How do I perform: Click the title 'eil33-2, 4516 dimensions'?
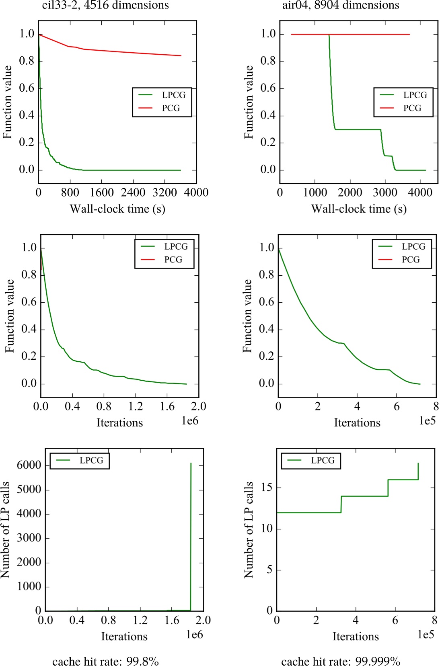tap(105, 5)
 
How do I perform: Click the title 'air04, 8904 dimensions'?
tap(340, 5)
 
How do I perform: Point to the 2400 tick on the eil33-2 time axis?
tap(133, 193)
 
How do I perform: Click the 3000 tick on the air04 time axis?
tap(385, 193)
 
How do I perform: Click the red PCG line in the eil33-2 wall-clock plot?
tap(129, 53)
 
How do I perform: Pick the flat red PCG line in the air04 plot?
tap(350, 35)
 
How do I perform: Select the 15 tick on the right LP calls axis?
tap(267, 488)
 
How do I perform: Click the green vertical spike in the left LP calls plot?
tap(191, 539)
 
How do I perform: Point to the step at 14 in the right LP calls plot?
tap(364, 496)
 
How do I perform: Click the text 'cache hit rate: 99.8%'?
tap(105, 661)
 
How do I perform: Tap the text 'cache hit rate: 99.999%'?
tap(340, 661)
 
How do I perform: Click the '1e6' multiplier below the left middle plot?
tap(190, 421)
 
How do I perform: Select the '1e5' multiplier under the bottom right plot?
tap(426, 635)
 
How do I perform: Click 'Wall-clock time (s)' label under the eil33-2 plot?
tap(117, 209)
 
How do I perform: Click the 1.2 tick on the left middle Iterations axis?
tap(136, 406)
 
